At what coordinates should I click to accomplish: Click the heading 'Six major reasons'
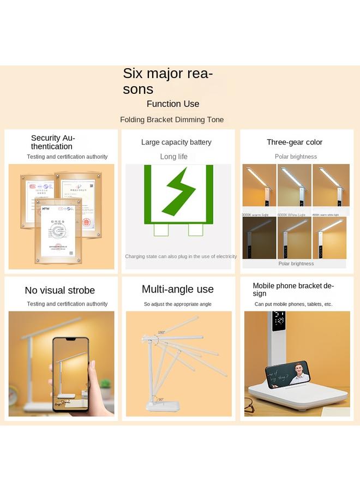(167, 81)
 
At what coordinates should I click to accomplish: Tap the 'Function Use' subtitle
(173, 104)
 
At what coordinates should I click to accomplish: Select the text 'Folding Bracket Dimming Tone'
(172, 119)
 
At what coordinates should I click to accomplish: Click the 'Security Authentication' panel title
(53, 142)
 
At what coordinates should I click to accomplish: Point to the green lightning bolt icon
(178, 190)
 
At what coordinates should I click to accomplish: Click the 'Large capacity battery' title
(176, 142)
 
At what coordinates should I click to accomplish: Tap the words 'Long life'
(173, 157)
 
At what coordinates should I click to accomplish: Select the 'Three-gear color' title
(295, 142)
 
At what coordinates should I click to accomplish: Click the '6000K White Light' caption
(291, 215)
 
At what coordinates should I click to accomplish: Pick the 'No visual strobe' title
(60, 290)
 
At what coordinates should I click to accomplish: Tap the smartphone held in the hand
(70, 374)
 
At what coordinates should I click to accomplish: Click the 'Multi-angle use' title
(178, 289)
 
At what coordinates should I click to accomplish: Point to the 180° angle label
(161, 332)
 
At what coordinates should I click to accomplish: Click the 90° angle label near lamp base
(160, 399)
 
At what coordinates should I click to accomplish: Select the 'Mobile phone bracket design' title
(293, 289)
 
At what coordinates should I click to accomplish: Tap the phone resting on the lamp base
(288, 374)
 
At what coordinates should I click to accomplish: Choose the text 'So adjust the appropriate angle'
(178, 304)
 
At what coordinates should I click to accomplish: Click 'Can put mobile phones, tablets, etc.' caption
(293, 304)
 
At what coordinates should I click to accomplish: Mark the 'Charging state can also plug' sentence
(181, 256)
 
